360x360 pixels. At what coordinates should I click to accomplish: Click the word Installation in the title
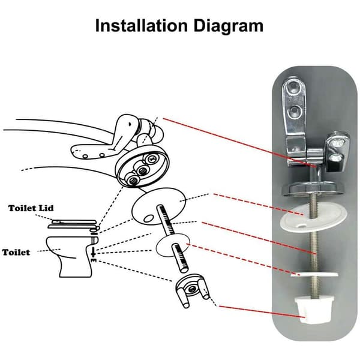(142, 25)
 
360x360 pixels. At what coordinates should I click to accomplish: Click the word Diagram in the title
(229, 26)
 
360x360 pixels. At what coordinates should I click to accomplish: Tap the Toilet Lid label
(31, 208)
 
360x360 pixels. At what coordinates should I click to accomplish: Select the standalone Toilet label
(16, 253)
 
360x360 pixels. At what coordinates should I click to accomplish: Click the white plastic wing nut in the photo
(314, 310)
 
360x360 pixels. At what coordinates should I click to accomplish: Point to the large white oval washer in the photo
(313, 218)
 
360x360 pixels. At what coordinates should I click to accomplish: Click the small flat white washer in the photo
(314, 274)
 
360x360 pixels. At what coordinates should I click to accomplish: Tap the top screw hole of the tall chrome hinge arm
(294, 86)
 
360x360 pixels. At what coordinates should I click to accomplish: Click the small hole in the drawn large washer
(149, 218)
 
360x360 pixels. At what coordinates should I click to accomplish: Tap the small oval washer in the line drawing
(173, 245)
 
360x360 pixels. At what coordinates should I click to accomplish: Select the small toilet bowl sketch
(72, 256)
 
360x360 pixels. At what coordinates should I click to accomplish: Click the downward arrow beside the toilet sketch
(93, 253)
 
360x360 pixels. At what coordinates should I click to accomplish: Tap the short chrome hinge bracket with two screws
(336, 152)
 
